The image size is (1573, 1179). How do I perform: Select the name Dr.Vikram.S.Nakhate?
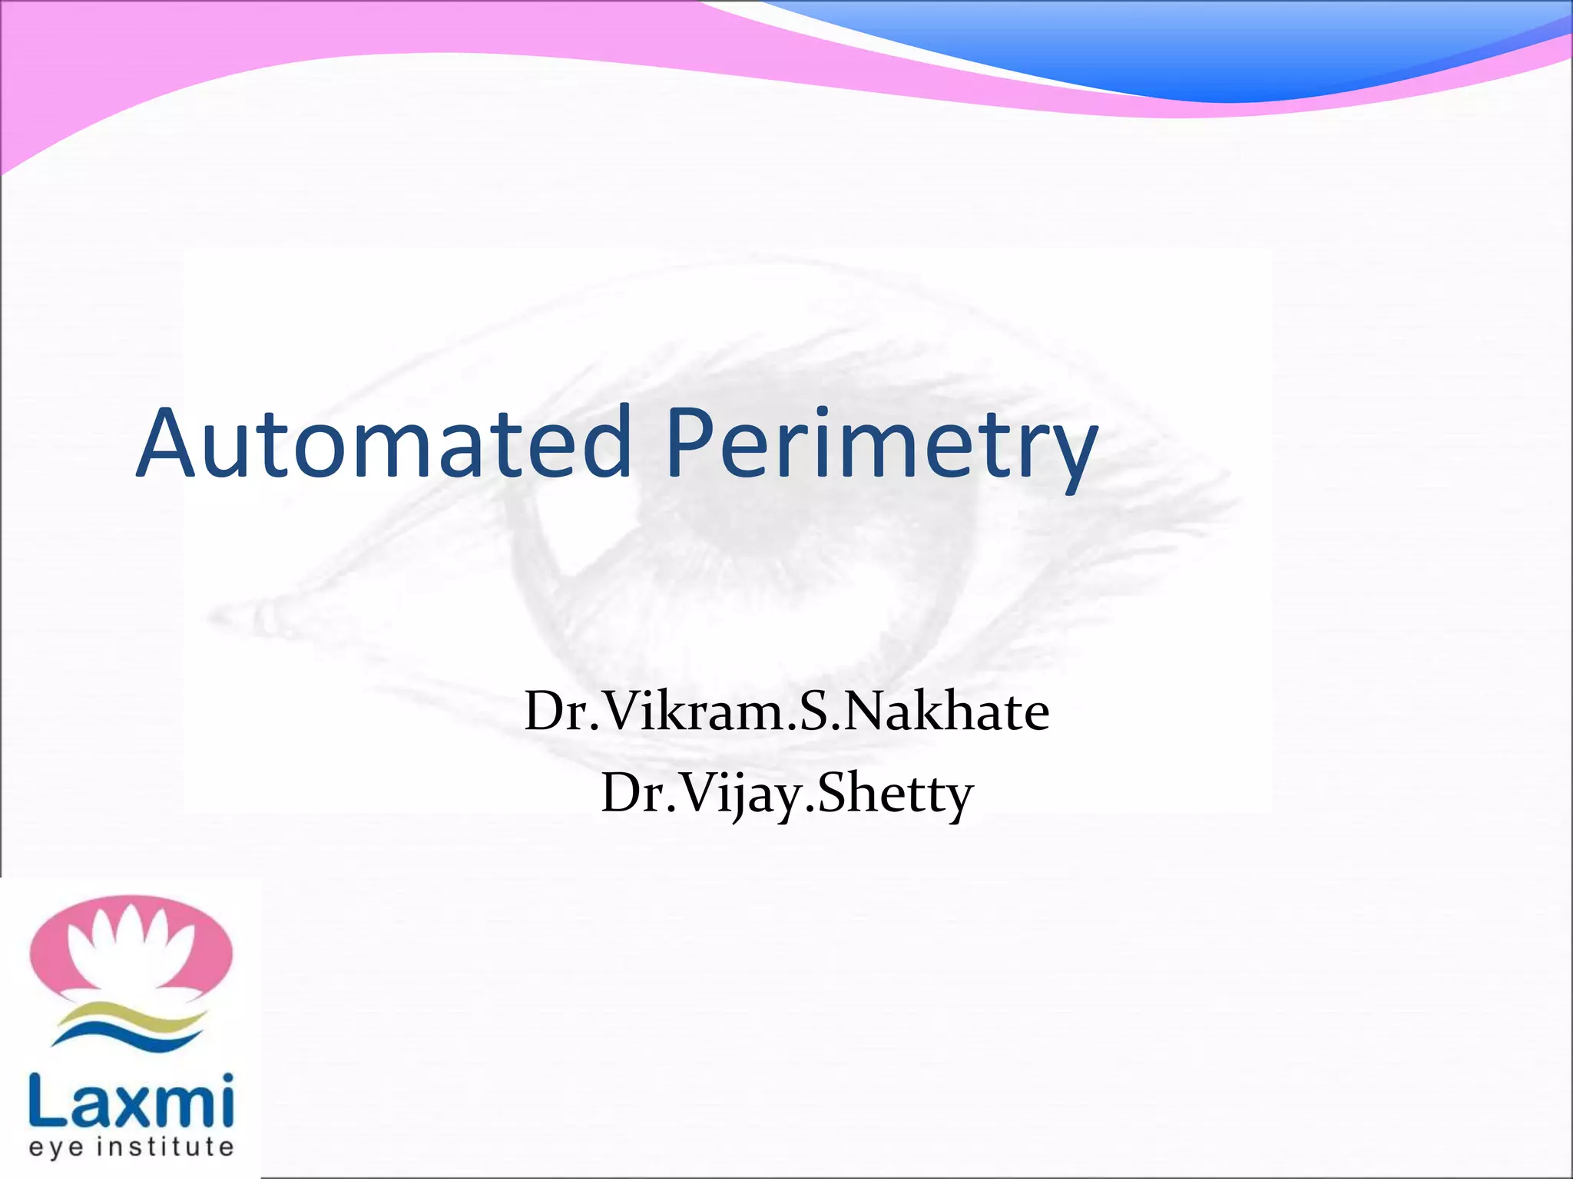pos(786,712)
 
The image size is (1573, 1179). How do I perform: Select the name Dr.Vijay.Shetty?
pos(786,794)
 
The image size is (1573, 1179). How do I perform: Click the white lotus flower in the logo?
pos(131,948)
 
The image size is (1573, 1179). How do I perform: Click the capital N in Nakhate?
pos(870,712)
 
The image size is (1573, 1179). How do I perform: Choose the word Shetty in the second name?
pos(896,794)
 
